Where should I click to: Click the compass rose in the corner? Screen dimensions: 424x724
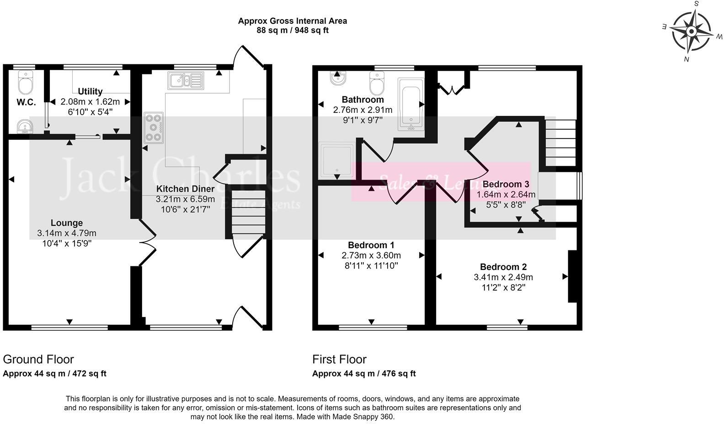692,32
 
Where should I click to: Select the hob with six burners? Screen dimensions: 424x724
154,127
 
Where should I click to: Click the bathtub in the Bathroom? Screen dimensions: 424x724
411,105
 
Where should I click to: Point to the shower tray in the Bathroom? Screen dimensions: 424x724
336,160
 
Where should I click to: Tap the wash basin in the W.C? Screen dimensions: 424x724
23,126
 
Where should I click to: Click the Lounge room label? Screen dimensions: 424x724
67,223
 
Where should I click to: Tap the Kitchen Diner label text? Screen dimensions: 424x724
185,189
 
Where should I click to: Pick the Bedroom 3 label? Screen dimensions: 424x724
506,184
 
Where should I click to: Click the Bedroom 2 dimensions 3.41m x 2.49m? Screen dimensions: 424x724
503,277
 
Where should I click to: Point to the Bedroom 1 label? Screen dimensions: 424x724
371,245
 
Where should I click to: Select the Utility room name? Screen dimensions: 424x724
90,91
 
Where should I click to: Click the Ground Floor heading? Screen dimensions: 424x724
38,359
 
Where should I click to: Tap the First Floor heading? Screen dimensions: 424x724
339,359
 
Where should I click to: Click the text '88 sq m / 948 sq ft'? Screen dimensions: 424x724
293,31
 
